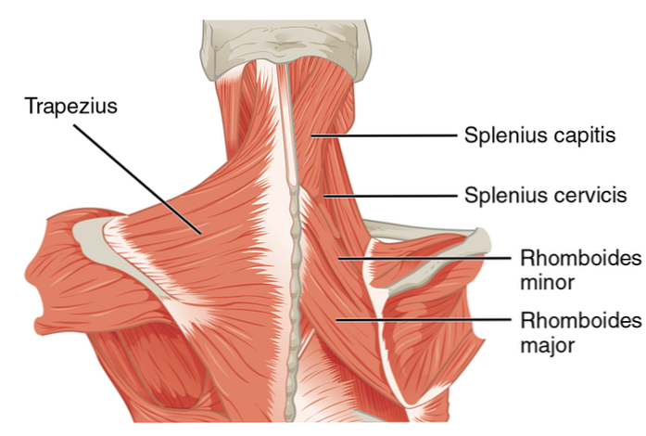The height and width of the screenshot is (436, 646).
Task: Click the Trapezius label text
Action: click(72, 107)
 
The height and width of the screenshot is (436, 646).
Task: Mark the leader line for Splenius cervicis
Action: click(389, 196)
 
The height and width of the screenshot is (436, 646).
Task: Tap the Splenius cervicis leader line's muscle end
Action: click(324, 196)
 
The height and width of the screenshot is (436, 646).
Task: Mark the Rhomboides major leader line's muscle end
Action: click(338, 319)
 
